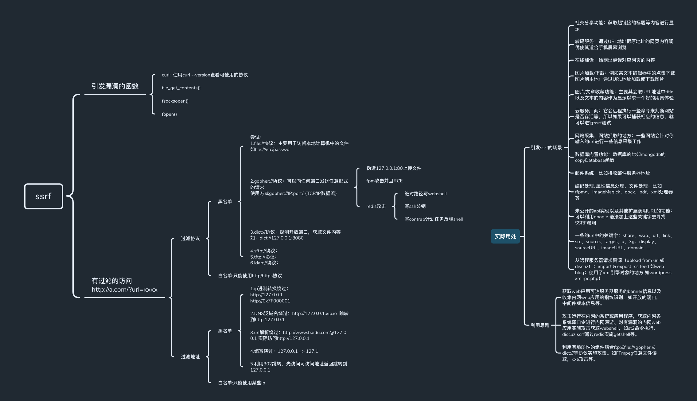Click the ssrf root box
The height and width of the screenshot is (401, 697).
44,196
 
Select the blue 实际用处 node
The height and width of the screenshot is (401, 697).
505,236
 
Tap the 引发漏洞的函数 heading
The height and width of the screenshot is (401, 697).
115,86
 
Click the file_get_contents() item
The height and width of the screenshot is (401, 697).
181,88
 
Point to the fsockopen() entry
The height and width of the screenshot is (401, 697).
175,101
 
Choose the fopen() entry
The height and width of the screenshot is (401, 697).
169,114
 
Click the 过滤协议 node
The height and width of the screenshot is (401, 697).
190,239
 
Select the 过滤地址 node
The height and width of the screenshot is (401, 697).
190,357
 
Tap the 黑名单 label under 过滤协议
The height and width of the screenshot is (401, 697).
225,202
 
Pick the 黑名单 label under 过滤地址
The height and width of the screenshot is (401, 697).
225,331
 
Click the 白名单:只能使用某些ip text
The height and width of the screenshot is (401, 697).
241,383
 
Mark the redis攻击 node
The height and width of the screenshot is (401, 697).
376,206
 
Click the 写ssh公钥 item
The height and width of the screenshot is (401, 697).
415,206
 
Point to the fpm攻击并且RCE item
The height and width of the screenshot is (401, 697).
384,181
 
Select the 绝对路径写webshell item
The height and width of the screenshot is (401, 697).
425,194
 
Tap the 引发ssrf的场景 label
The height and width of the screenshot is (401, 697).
546,148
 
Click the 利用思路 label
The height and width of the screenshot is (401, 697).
540,325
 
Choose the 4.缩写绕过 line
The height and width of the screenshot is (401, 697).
284,351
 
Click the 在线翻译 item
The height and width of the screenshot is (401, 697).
614,60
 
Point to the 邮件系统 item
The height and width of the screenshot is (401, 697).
612,173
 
